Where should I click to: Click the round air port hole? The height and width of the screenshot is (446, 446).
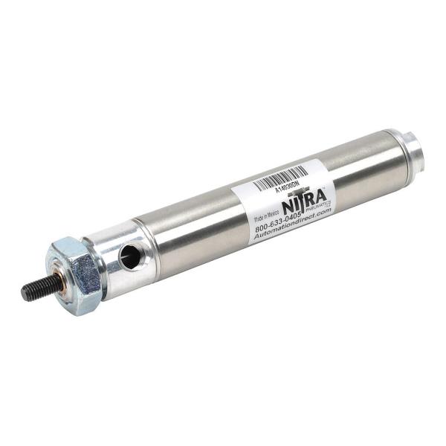(129, 257)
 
